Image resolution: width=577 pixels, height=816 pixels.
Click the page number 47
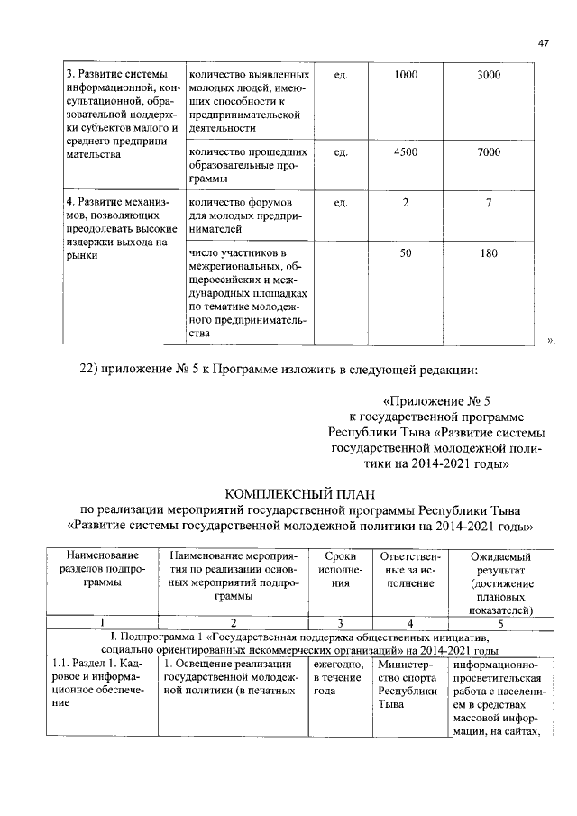(544, 43)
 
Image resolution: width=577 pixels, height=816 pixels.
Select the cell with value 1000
(406, 75)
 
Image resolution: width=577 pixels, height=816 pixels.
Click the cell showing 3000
(488, 75)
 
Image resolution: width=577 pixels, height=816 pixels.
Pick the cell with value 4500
(406, 152)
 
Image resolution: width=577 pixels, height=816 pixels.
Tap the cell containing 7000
(488, 152)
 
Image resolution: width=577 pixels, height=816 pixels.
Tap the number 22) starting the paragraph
(96, 368)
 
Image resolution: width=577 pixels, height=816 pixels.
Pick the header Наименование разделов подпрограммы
(102, 570)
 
